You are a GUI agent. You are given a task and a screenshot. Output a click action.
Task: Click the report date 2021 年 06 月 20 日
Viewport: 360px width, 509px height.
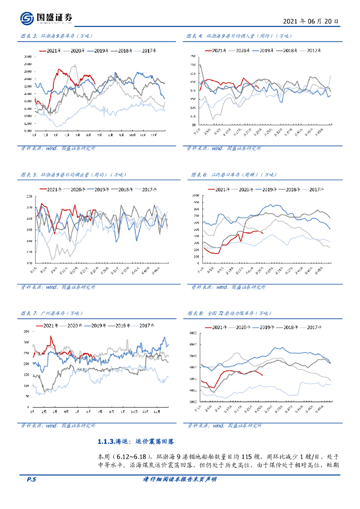[x=311, y=22]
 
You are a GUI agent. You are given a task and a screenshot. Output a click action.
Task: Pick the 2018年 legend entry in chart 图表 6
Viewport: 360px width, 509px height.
[x=290, y=189]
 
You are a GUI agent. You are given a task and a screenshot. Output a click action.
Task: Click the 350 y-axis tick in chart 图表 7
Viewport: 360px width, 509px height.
[x=26, y=332]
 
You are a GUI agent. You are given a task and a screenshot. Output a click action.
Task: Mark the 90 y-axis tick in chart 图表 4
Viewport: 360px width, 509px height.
[x=193, y=125]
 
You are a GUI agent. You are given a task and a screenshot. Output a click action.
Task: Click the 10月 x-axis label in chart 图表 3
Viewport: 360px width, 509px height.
[x=132, y=135]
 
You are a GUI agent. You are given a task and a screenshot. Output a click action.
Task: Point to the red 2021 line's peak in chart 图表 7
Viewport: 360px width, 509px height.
[x=50, y=337]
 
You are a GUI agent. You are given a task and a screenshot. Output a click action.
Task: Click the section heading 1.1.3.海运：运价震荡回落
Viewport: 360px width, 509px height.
[x=136, y=441]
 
